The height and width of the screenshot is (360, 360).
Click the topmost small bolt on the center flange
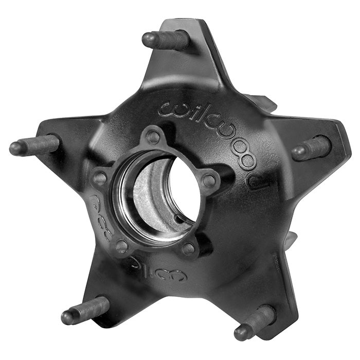click(x=153, y=137)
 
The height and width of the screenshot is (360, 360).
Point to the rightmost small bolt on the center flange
click(x=209, y=181)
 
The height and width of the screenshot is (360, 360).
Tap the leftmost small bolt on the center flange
click(x=100, y=178)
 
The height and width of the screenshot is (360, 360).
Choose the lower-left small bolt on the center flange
click(x=122, y=246)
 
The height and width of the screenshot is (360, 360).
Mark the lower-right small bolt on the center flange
click(x=189, y=248)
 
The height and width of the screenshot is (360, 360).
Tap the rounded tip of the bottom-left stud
click(x=67, y=318)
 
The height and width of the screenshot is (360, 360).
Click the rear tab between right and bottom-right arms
click(x=291, y=240)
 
